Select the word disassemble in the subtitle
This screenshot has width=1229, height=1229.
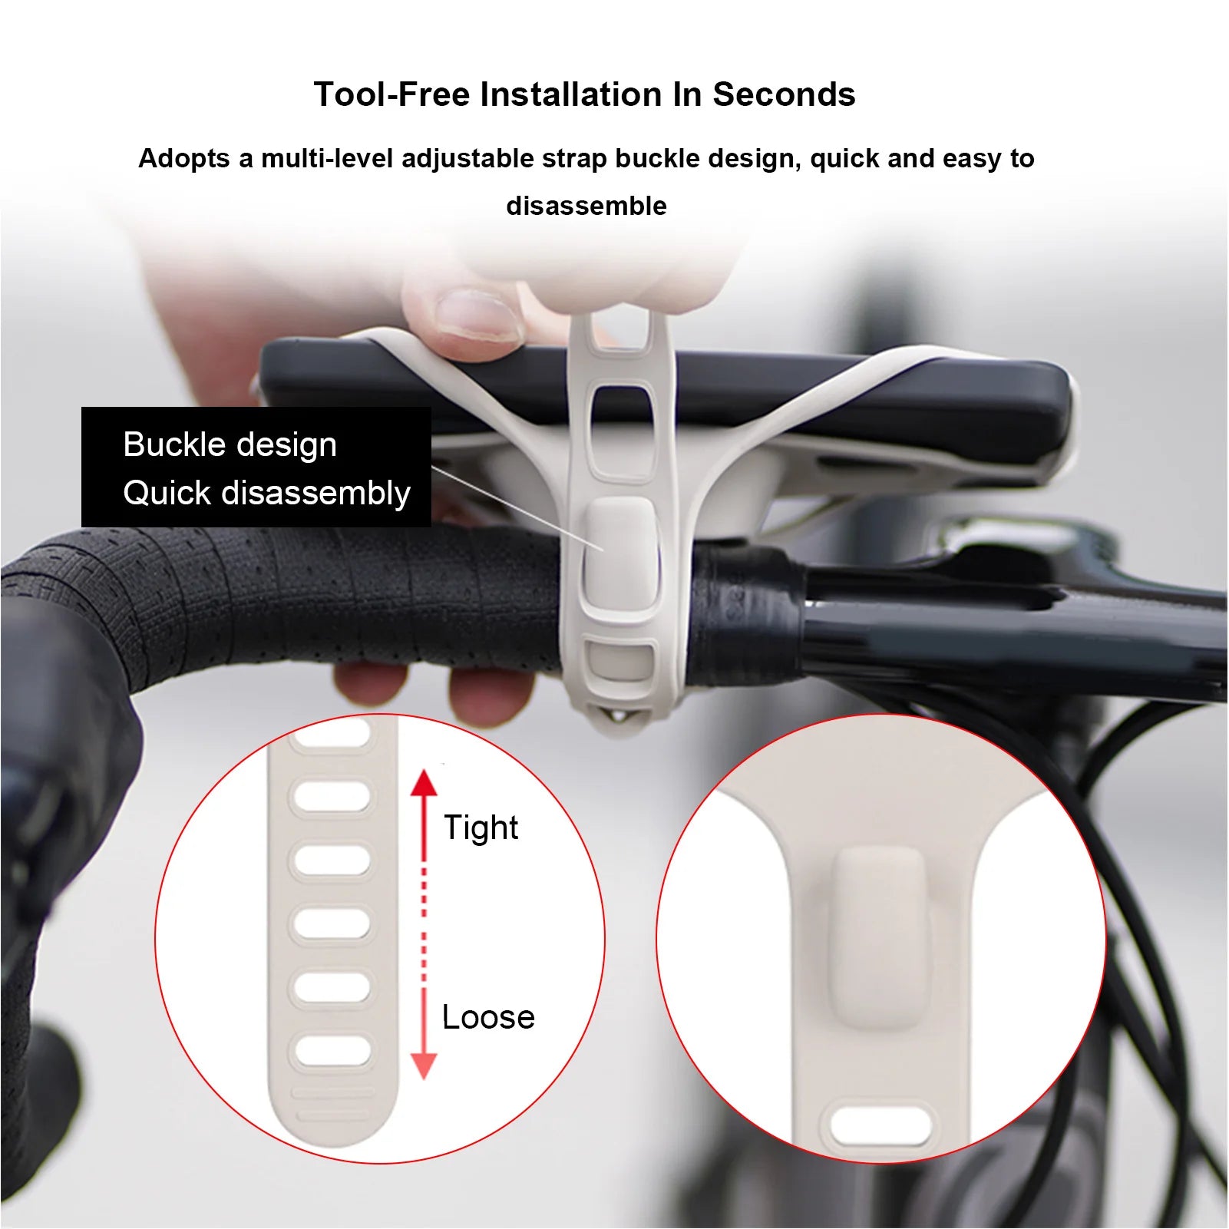pyautogui.click(x=586, y=206)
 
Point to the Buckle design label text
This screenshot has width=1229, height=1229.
pyautogui.click(x=230, y=444)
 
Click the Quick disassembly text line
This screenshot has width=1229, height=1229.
pyautogui.click(x=266, y=493)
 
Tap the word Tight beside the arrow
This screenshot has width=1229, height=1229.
pyautogui.click(x=481, y=828)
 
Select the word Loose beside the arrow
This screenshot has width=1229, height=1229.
pyautogui.click(x=488, y=1017)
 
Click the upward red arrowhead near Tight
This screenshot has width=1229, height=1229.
pyautogui.click(x=423, y=783)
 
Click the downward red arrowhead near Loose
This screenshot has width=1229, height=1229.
pyautogui.click(x=423, y=1065)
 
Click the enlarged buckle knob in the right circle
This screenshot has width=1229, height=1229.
pyautogui.click(x=880, y=938)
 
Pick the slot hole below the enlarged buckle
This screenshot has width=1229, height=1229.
pyautogui.click(x=880, y=1127)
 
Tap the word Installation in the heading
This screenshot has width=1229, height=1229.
pyautogui.click(x=572, y=95)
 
